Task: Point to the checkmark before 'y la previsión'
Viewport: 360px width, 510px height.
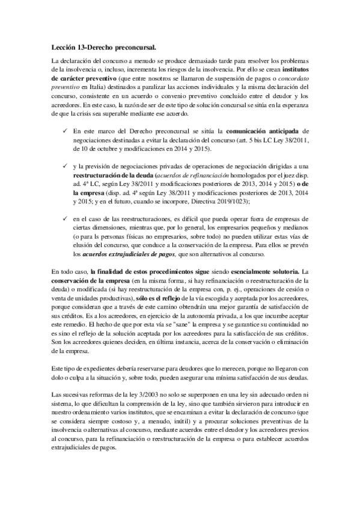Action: [x=65, y=165]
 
